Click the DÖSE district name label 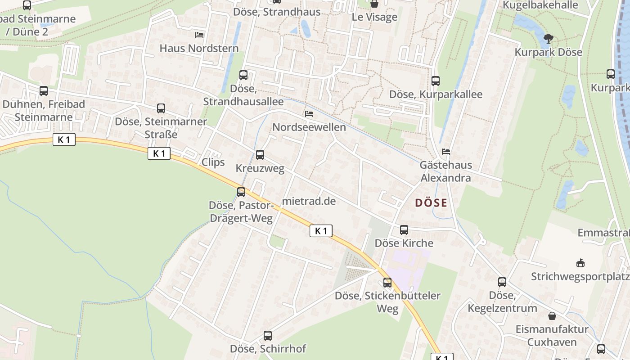(x=431, y=203)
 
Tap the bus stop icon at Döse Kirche (x=404, y=230)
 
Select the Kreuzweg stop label (x=260, y=169)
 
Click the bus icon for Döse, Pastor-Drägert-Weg (x=241, y=192)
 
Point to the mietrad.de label (x=309, y=201)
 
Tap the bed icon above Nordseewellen (x=309, y=114)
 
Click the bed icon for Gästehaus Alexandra (x=446, y=152)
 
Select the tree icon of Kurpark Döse (x=548, y=38)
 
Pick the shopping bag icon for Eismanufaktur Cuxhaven (x=552, y=316)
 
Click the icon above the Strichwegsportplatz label (x=580, y=263)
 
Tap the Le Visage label (x=374, y=17)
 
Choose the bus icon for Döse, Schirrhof (x=268, y=335)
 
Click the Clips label (x=213, y=162)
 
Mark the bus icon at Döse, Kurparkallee (x=436, y=81)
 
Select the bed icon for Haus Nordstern (x=199, y=35)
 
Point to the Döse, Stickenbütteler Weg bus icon (x=387, y=283)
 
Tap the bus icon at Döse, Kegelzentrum (x=502, y=282)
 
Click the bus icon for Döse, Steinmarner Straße (x=161, y=108)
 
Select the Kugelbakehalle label (x=540, y=5)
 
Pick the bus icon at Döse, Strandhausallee (x=243, y=75)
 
